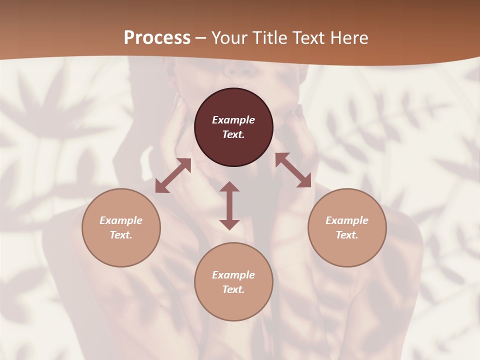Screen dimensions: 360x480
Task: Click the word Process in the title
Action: pos(157,38)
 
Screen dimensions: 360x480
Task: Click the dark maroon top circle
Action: pos(233,102)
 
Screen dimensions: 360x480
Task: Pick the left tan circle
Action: pos(121,250)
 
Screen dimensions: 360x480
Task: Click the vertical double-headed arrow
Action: pos(229,205)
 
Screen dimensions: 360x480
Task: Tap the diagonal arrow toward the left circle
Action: pos(173,175)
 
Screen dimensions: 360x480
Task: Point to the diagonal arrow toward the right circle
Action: pos(293,170)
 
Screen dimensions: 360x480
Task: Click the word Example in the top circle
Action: pos(233,120)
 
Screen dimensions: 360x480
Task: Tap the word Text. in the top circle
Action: pos(233,134)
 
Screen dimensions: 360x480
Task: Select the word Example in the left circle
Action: pos(121,220)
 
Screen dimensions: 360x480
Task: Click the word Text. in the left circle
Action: pos(121,235)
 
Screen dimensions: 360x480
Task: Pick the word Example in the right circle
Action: pos(347,220)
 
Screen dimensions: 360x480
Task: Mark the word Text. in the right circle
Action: pos(347,235)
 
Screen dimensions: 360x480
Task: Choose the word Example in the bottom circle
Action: pos(233,275)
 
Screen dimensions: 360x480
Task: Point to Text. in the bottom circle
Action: pos(233,289)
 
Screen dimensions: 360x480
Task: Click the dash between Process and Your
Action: pos(200,38)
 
